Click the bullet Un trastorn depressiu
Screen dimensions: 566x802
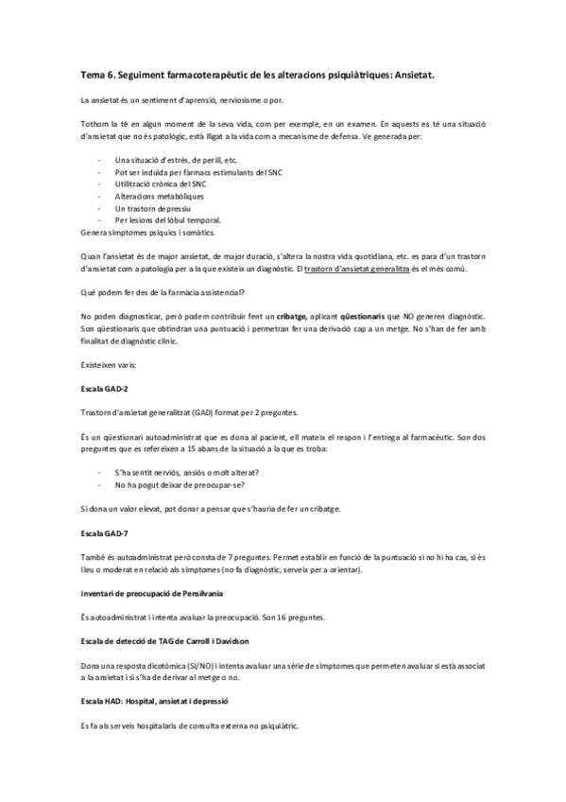[152, 208]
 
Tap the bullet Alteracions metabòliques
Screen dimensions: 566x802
[159, 196]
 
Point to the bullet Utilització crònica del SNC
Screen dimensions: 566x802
[160, 183]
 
